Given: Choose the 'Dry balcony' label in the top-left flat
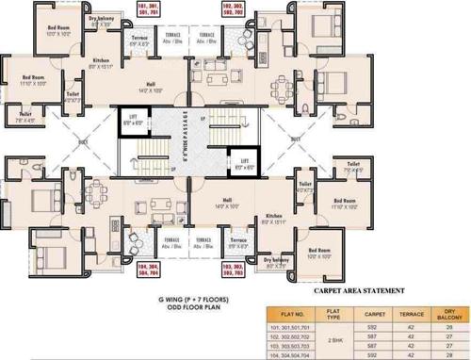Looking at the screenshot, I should pyautogui.click(x=102, y=20).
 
